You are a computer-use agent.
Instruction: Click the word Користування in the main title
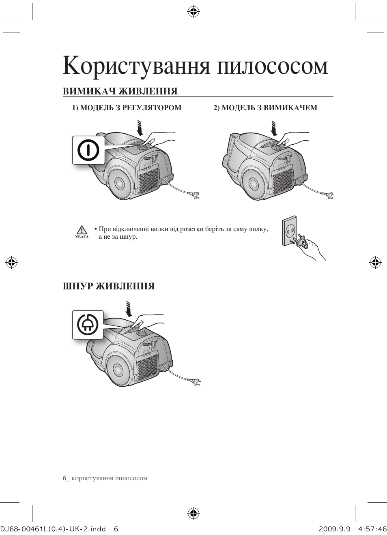(x=136, y=66)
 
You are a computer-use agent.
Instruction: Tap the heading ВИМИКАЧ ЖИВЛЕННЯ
(x=120, y=91)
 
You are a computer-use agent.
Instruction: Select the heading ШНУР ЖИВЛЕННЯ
(x=109, y=286)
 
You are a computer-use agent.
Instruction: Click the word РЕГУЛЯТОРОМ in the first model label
(x=152, y=108)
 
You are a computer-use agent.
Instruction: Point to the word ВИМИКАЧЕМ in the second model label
(x=290, y=108)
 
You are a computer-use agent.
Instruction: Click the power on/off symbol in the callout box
(x=88, y=150)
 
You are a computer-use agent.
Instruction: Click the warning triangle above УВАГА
(x=82, y=230)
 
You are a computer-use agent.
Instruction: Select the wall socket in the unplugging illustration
(x=290, y=231)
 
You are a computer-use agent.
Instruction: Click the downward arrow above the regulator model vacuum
(x=140, y=128)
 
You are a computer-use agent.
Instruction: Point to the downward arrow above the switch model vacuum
(x=274, y=128)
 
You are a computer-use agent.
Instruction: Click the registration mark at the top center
(x=193, y=11)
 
